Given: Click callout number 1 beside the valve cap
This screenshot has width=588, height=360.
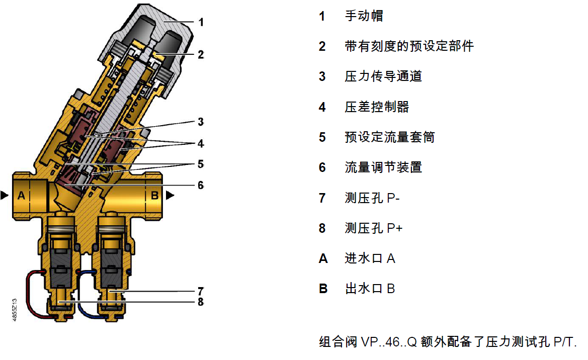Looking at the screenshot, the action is (201, 23).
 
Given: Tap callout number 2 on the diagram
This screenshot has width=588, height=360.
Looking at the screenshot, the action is (201, 55).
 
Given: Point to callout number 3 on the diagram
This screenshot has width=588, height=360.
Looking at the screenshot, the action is (201, 122).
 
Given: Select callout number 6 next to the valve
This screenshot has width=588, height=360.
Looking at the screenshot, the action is (201, 185).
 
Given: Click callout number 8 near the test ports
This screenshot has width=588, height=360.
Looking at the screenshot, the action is (201, 302).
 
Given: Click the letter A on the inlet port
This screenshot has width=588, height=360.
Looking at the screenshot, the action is (21, 196).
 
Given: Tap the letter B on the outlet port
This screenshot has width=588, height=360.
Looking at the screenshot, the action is (154, 196).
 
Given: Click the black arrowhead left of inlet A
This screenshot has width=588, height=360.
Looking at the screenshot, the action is (5, 195).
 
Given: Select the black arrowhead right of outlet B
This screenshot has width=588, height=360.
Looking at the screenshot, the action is (170, 195).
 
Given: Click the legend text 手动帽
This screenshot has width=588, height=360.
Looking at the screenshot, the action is (364, 16).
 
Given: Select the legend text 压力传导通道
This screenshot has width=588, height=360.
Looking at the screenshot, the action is (383, 76).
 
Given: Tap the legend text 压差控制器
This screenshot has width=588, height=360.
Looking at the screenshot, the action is (377, 107).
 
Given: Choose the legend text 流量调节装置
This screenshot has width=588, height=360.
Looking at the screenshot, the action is (383, 167).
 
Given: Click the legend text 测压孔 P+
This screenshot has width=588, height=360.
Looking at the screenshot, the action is (374, 228).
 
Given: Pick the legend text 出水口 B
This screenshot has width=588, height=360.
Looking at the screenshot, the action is (370, 289).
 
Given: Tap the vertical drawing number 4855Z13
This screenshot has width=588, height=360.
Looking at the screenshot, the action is (15, 310).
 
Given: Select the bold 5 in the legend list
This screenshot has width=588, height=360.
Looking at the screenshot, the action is (322, 137).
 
